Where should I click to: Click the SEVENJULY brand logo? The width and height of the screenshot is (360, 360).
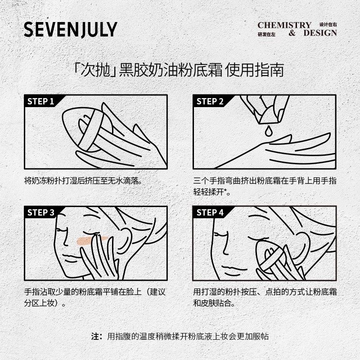[x=70, y=29]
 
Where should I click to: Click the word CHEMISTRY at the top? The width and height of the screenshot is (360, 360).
[x=284, y=25]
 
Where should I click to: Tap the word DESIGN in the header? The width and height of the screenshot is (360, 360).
[x=320, y=33]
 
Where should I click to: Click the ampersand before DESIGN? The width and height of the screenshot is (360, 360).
[x=292, y=33]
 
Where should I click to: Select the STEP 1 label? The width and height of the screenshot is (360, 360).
[x=41, y=101]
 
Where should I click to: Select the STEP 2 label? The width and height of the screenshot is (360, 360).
[x=210, y=101]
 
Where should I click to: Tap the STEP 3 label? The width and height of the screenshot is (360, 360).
[x=41, y=213]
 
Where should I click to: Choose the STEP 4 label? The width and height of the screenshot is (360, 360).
[x=210, y=213]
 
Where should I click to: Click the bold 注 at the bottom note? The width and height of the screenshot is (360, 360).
[x=94, y=337]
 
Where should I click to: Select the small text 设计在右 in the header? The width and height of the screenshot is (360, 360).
[x=328, y=24]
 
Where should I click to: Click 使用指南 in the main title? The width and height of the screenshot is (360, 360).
[x=255, y=71]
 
